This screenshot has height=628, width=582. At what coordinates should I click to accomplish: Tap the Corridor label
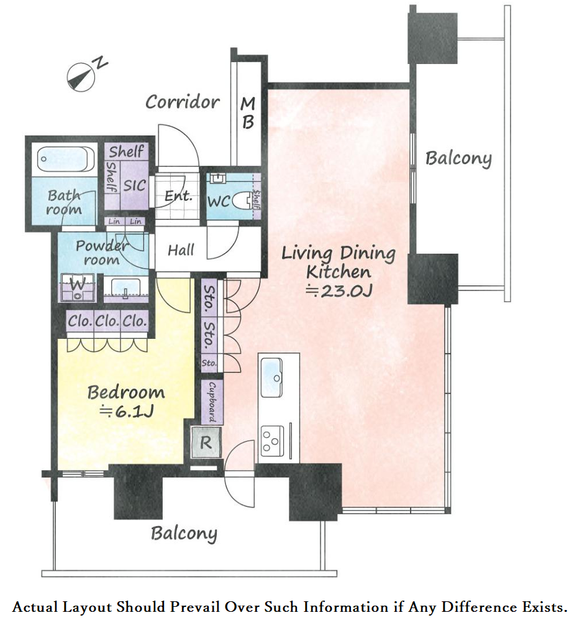pyautogui.click(x=183, y=102)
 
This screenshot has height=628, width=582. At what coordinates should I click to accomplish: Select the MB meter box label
pyautogui.click(x=248, y=113)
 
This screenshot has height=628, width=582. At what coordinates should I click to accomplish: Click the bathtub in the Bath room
pyautogui.click(x=66, y=159)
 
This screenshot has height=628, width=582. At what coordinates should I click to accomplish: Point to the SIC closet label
pyautogui.click(x=134, y=186)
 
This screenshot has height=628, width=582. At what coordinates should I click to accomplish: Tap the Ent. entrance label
pyautogui.click(x=178, y=196)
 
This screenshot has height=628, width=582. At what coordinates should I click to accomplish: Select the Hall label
pyautogui.click(x=181, y=251)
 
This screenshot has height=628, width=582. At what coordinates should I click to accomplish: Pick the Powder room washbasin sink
pyautogui.click(x=125, y=289)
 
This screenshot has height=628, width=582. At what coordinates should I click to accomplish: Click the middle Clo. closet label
pyautogui.click(x=107, y=321)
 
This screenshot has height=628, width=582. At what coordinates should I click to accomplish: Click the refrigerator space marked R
pyautogui.click(x=206, y=443)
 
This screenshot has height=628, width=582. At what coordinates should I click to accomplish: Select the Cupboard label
pyautogui.click(x=212, y=402)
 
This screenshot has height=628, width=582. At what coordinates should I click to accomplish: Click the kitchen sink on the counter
pyautogui.click(x=271, y=377)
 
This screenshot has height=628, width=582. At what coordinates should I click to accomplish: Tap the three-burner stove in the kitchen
pyautogui.click(x=273, y=441)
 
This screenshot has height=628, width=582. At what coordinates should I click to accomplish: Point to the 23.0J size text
pyautogui.click(x=339, y=291)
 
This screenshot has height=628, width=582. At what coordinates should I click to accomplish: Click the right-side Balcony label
pyautogui.click(x=458, y=159)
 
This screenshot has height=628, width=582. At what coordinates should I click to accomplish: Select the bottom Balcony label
pyautogui.click(x=184, y=533)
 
